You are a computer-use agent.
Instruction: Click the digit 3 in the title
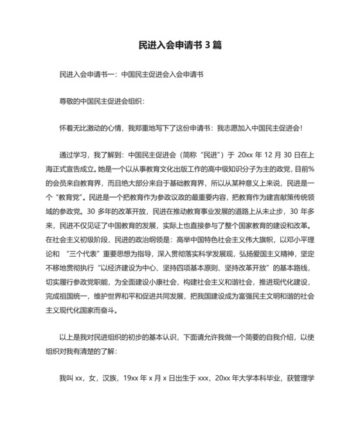207,46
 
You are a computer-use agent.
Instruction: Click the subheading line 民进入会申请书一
131,75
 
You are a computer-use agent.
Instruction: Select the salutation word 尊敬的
69,102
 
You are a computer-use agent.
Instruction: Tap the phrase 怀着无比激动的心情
90,129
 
